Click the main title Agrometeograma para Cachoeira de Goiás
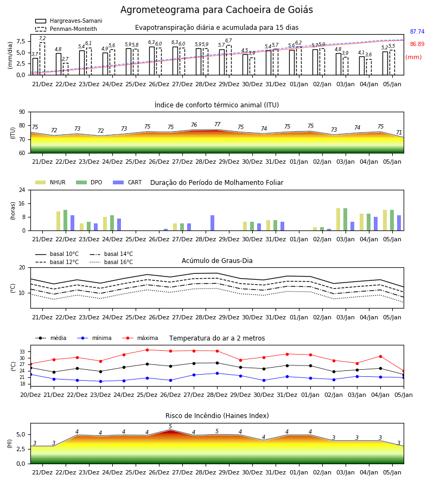tap(216, 10)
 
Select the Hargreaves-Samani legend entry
tap(68, 21)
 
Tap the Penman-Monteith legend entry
tap(66, 29)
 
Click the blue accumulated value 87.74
tap(417, 31)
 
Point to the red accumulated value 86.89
tap(417, 44)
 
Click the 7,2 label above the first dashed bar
tap(42, 38)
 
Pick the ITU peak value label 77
tap(218, 124)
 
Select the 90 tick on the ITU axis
tap(22, 112)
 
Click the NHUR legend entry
tap(50, 182)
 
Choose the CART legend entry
tap(127, 182)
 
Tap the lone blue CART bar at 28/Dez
tap(212, 223)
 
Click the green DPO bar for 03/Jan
tap(345, 220)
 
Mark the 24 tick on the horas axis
tap(22, 190)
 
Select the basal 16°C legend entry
tap(111, 262)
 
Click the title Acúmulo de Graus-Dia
tap(217, 261)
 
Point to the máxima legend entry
tap(141, 338)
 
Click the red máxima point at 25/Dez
tap(147, 350)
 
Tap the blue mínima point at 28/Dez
tap(218, 373)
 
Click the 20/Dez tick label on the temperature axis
tap(30, 395)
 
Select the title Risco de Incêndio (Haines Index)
tap(217, 416)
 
